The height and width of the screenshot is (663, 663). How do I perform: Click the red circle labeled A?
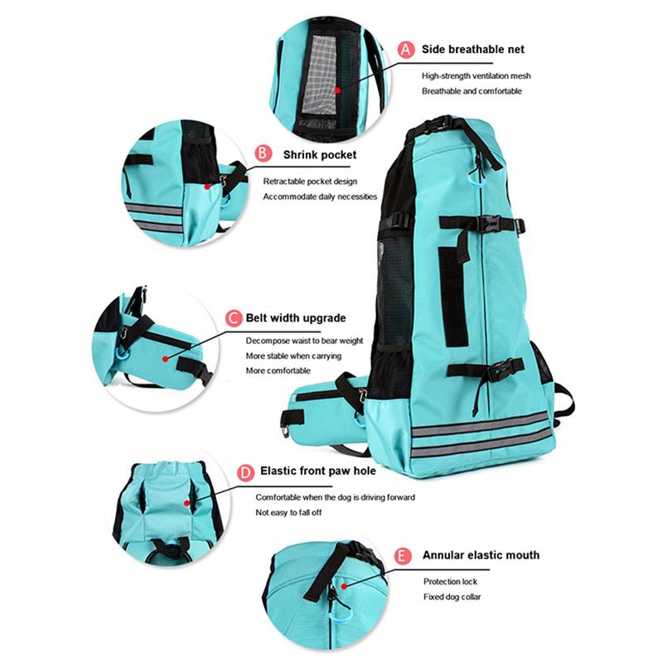pos(405,50)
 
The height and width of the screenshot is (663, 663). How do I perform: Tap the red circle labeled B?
pos(262,154)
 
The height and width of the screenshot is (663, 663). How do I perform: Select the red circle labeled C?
pos(233,318)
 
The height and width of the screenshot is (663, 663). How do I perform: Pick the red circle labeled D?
pos(245,472)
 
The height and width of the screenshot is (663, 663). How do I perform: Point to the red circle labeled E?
pos(404,556)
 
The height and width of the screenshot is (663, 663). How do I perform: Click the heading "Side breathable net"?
pos(473,50)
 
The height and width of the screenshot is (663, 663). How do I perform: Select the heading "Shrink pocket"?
pos(321,154)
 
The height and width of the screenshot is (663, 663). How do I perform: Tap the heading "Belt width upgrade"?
pos(297,318)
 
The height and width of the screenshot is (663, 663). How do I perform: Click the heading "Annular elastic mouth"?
pos(482,555)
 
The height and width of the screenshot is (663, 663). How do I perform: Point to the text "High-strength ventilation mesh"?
pos(476,75)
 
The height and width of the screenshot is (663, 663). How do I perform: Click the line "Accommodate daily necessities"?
pos(320,196)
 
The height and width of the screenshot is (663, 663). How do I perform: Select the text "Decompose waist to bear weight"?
pos(304,341)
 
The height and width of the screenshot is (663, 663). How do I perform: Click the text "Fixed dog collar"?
pos(452,597)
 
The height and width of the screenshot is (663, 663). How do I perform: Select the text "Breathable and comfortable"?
pos(472,91)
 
